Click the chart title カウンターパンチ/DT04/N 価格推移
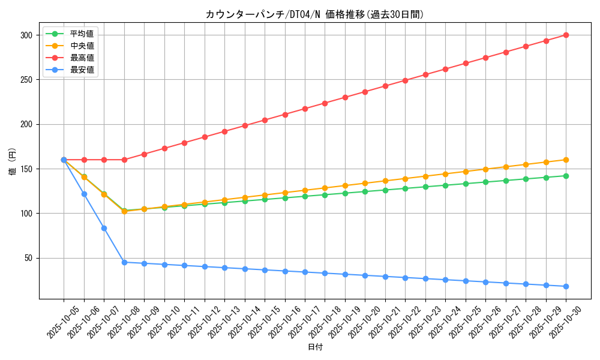[314, 14]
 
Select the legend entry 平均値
[82, 34]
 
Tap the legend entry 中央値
[82, 46]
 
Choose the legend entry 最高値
[82, 58]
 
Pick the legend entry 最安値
[82, 70]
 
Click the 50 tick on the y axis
[28, 258]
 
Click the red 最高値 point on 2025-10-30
[566, 35]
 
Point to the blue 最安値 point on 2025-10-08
[124, 262]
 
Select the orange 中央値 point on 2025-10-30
[566, 160]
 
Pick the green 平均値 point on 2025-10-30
[566, 176]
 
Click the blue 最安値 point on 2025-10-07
[104, 228]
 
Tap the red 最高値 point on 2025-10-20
[365, 92]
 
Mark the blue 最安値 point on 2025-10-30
[566, 286]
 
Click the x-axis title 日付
[314, 347]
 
